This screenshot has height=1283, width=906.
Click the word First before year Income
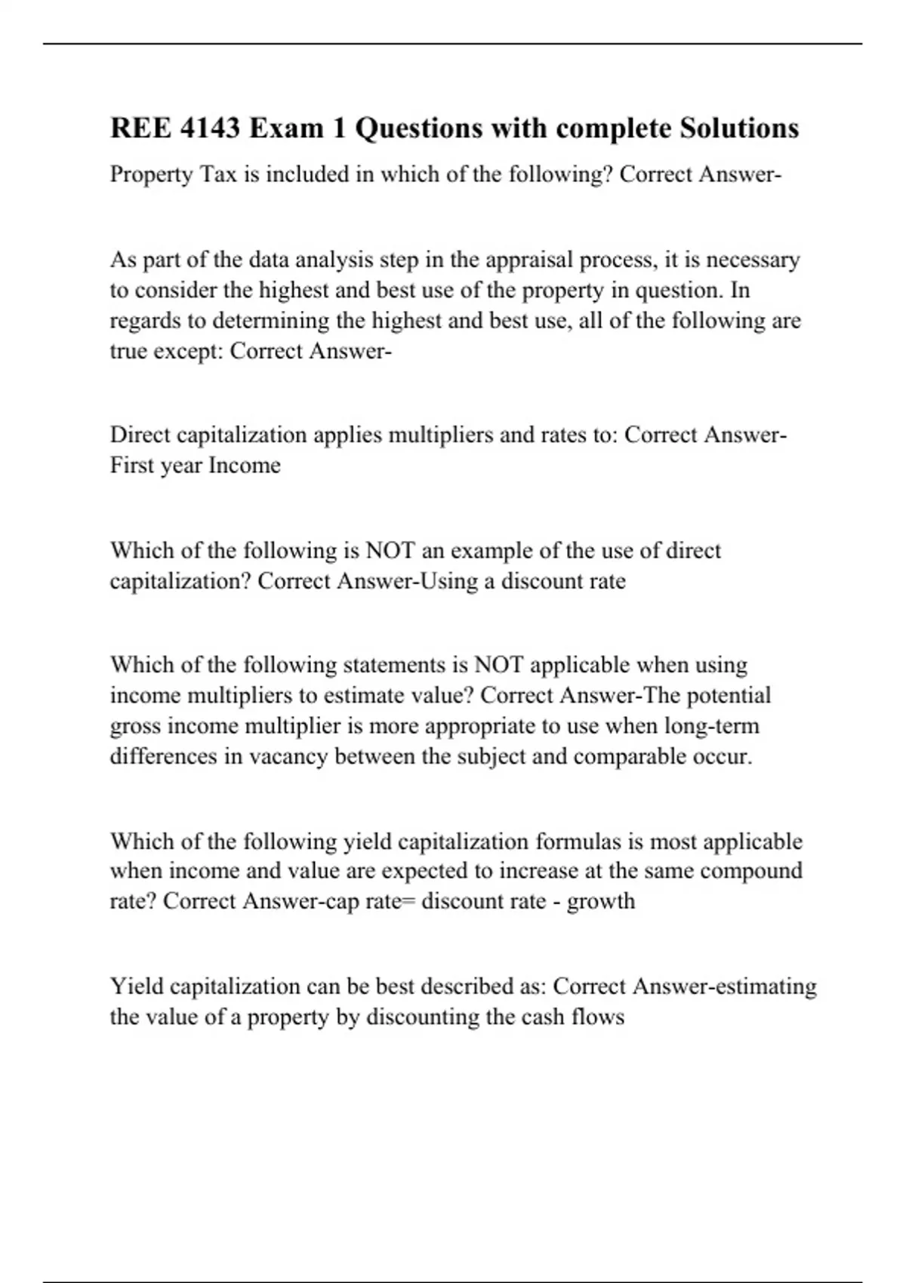[x=132, y=465]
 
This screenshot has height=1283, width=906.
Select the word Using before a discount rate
[x=448, y=581]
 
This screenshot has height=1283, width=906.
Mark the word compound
[x=750, y=871]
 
